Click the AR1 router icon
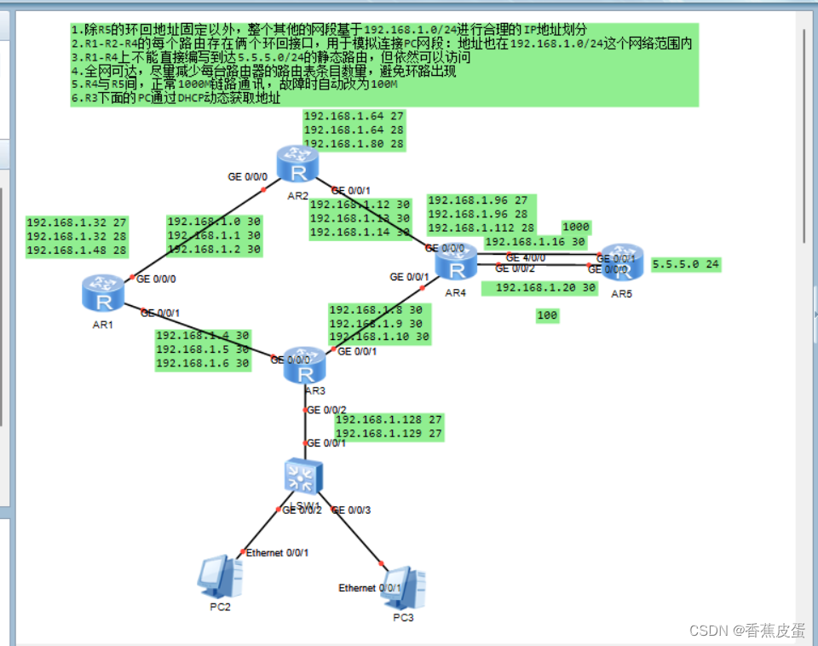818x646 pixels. click(x=103, y=293)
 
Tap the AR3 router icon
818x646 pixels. click(x=304, y=365)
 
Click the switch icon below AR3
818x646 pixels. click(x=304, y=476)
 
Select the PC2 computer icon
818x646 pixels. click(x=219, y=577)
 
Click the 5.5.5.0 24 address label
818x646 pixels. click(x=685, y=265)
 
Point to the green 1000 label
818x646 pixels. click(x=576, y=228)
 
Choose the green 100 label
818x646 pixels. click(x=547, y=316)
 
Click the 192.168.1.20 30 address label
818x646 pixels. click(x=545, y=288)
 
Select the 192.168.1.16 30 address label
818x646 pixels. click(x=535, y=242)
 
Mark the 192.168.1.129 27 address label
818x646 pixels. click(x=389, y=434)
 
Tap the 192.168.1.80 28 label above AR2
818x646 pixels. click(x=354, y=144)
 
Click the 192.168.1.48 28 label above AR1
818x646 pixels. click(x=77, y=251)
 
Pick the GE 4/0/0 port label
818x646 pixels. click(x=525, y=257)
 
